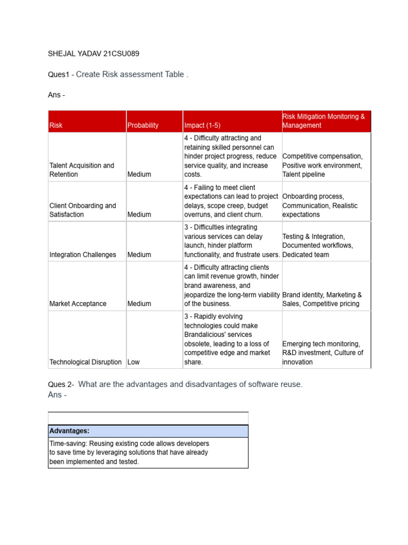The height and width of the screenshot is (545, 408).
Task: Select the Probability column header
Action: click(x=142, y=126)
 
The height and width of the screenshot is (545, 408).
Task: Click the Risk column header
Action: click(x=56, y=126)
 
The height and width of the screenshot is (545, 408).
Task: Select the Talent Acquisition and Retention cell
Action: click(x=81, y=170)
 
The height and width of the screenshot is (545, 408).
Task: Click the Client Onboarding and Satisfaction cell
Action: click(x=82, y=210)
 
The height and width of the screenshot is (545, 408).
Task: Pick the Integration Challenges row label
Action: click(x=82, y=254)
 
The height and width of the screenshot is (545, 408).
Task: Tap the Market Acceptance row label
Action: click(x=78, y=303)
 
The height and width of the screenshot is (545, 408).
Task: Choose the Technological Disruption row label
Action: click(x=85, y=362)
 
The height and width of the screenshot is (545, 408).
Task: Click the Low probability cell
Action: click(x=134, y=362)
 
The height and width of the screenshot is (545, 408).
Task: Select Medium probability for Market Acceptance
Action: click(x=139, y=303)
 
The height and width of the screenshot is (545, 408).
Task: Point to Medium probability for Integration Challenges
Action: click(x=139, y=254)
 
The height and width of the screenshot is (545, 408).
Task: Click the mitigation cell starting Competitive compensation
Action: click(x=322, y=165)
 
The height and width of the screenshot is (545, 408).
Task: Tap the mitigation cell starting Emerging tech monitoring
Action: click(x=322, y=352)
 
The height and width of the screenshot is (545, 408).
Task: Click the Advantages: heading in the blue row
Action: click(x=69, y=431)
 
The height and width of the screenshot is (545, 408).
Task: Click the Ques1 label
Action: click(x=59, y=75)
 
